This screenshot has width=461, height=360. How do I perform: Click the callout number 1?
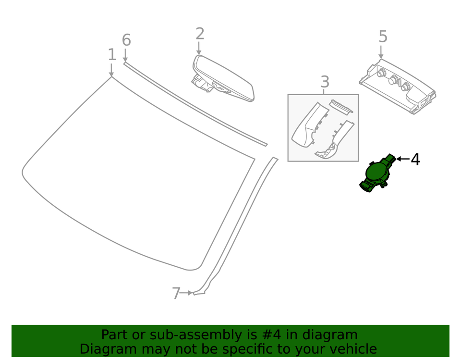(111, 55)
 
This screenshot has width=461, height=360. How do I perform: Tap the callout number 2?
(200, 34)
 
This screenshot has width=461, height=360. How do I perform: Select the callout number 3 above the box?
(325, 82)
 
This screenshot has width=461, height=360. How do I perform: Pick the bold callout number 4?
(415, 159)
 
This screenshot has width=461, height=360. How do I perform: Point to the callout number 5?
(383, 37)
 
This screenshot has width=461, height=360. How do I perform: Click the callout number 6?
(126, 40)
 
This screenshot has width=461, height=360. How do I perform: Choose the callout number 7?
(176, 293)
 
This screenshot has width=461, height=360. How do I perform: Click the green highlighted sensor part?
(376, 174)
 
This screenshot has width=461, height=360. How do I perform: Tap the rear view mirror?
(224, 79)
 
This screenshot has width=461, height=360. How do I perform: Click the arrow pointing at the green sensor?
(402, 159)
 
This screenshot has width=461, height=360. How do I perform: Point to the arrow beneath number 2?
(199, 48)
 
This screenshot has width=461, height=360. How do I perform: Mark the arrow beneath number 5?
(381, 52)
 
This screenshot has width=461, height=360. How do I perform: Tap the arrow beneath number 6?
(125, 54)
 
